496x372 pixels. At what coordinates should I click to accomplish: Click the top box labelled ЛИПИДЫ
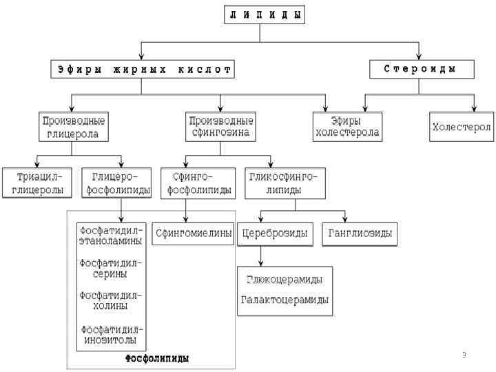pos(265,16)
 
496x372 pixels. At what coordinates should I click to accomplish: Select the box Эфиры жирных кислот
pos(143,70)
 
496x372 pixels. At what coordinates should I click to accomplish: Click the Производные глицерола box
pos(74,127)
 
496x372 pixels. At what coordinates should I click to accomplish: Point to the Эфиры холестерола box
pos(347,127)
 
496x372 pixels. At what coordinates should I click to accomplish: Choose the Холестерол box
pos(462,127)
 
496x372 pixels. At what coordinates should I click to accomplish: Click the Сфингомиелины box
pos(194,233)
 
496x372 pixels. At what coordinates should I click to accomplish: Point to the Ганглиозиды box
pos(359,234)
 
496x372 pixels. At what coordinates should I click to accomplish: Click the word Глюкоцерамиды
pos(285,280)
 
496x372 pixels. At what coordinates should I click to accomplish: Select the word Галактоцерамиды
pos(285,300)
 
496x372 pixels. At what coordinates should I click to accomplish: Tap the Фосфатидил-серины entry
pos(111,268)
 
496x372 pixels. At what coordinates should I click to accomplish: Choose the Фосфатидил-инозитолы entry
pos(111,334)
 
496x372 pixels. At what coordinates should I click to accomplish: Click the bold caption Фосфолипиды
pos(156,358)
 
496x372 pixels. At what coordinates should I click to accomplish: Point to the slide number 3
pos(464,355)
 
